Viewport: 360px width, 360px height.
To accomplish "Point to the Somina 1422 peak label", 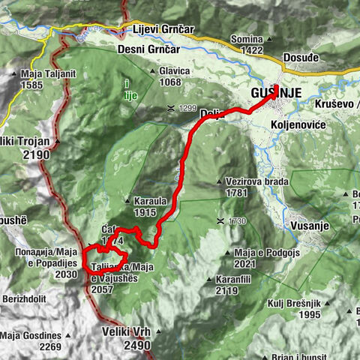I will [x=252, y=43].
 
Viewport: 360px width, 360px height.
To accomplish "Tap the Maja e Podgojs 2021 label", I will [x=266, y=258].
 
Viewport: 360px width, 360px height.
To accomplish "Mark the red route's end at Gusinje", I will [x=276, y=87].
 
